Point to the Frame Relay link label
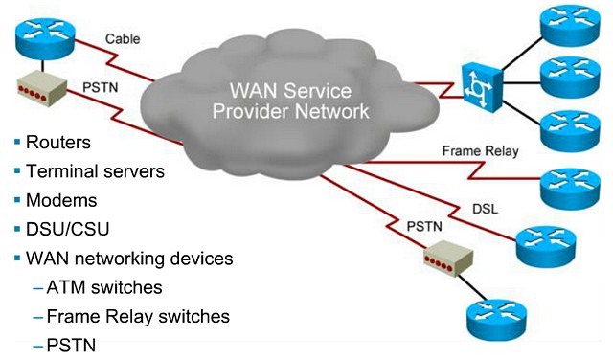(x=480, y=151)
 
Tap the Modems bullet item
(x=61, y=201)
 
